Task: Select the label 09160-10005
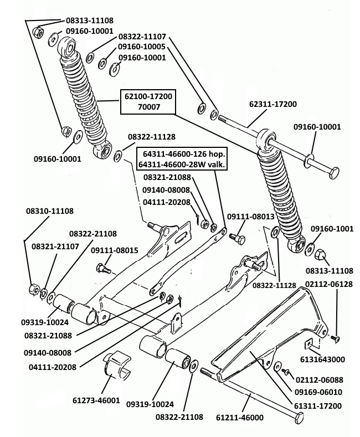tap(142, 47)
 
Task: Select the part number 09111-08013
tap(251, 217)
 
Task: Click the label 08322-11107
tap(142, 37)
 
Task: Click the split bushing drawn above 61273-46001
tap(117, 368)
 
